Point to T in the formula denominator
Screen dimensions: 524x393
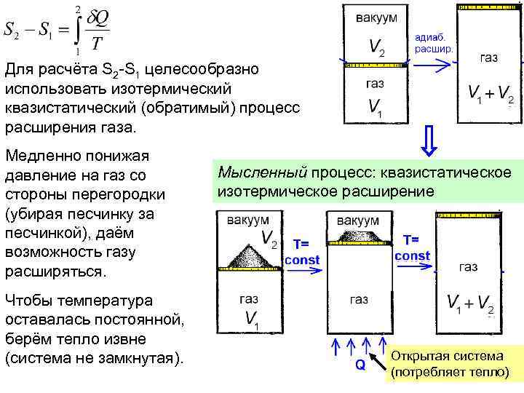pyautogui.click(x=97, y=44)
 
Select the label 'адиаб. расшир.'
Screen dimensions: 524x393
pyautogui.click(x=434, y=42)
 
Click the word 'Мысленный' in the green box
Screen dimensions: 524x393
pyautogui.click(x=262, y=172)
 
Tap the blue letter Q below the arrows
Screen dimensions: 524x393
pyautogui.click(x=360, y=365)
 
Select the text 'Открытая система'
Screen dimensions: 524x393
pyautogui.click(x=447, y=357)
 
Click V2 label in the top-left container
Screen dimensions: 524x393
pyautogui.click(x=377, y=48)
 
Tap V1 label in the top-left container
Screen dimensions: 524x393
pyautogui.click(x=377, y=109)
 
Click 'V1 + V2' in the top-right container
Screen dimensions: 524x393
pyautogui.click(x=491, y=95)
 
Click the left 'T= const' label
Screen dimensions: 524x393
pyautogui.click(x=302, y=251)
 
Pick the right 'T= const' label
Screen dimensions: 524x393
pyautogui.click(x=412, y=247)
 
